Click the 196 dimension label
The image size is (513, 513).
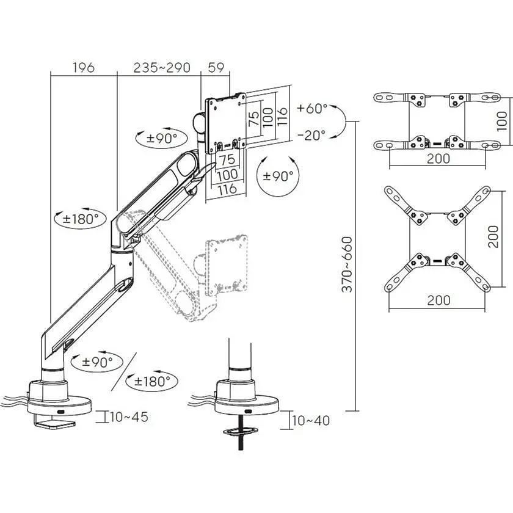pos(84,67)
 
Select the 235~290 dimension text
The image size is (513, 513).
pos(162,67)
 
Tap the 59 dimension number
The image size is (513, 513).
pos(216,67)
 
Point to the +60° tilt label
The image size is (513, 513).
pos(312,108)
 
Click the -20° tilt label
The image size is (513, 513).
pos(311,135)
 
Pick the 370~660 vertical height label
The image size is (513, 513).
pos(347,264)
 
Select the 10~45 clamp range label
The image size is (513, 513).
pos(129,417)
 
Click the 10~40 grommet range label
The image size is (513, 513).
pos(310,420)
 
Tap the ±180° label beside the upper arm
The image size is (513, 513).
pos(81,219)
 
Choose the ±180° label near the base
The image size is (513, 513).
pos(152,381)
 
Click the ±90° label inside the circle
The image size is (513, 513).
pos(278,176)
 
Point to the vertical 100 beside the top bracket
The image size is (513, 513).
pos(501,121)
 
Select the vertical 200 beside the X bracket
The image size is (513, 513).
pos(493,236)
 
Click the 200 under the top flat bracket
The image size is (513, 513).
pos(438,159)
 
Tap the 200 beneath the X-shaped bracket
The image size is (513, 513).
pos(438,300)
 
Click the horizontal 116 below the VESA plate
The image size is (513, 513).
pos(227,189)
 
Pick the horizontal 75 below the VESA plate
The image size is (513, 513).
pos(227,159)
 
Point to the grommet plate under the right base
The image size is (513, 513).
pos(241,431)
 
